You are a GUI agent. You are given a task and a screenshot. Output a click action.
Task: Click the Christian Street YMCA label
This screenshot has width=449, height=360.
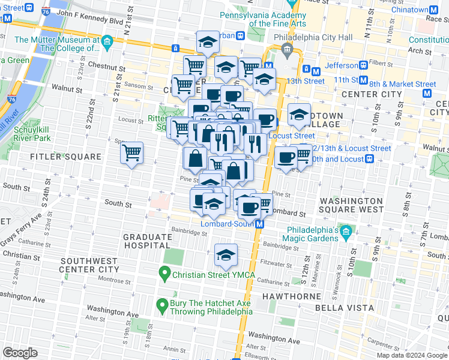[214, 275]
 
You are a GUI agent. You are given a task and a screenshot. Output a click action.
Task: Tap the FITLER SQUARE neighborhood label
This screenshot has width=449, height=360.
[67, 157]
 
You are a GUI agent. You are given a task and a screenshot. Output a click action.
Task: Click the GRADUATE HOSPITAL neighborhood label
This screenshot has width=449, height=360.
[147, 241]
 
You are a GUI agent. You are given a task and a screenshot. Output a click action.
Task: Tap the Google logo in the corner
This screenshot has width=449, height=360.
[20, 353]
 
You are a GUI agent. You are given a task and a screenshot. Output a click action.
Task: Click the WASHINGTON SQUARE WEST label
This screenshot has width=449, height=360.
[352, 205]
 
